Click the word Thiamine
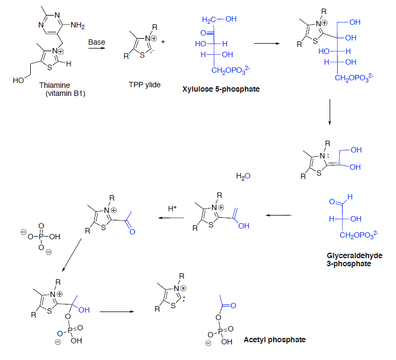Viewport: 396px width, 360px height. click(54, 85)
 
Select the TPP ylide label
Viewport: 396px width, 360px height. click(144, 85)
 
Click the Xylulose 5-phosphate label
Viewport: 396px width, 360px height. click(221, 88)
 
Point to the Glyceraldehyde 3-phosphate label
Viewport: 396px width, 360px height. click(350, 259)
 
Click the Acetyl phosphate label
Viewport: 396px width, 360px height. click(275, 340)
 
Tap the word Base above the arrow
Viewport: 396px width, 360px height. click(97, 41)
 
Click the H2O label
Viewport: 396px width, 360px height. click(243, 176)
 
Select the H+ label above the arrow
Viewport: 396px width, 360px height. click(172, 207)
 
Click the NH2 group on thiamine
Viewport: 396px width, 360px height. click(76, 26)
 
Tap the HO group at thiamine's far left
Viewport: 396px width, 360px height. click(18, 80)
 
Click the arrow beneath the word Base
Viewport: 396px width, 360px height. click(97, 49)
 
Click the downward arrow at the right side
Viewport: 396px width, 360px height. click(330, 114)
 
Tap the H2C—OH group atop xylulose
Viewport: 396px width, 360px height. click(219, 20)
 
